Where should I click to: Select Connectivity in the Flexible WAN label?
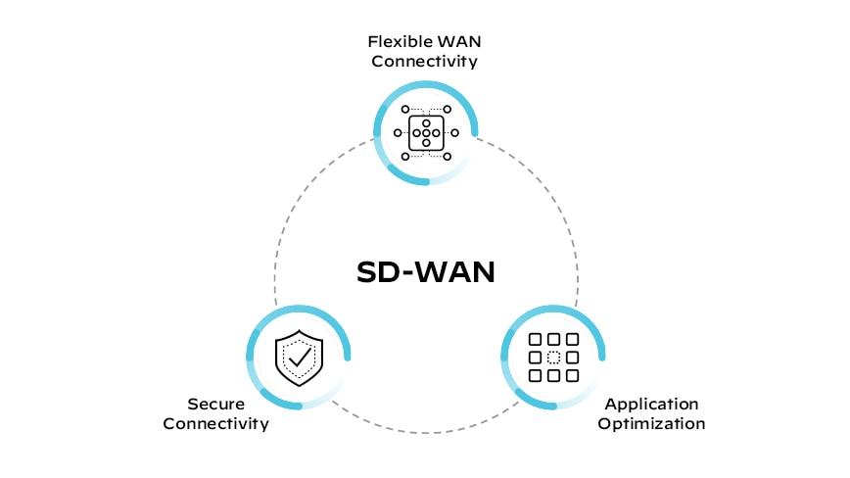point(424,62)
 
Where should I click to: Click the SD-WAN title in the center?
point(424,271)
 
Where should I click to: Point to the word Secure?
point(214,404)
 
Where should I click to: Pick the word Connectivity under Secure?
point(215,424)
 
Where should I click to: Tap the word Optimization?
point(651,424)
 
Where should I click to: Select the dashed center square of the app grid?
point(553,358)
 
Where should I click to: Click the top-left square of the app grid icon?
point(535,340)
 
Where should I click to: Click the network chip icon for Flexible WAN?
point(426,132)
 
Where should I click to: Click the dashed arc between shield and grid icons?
point(426,432)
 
